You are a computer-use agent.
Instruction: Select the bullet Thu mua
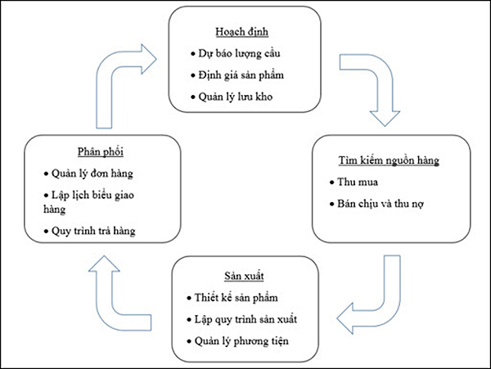pyautogui.click(x=355, y=182)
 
